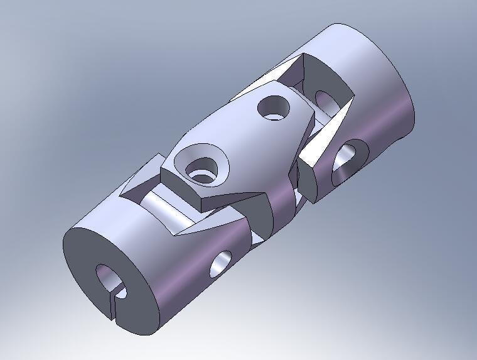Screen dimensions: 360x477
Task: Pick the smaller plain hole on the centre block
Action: (274, 108)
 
